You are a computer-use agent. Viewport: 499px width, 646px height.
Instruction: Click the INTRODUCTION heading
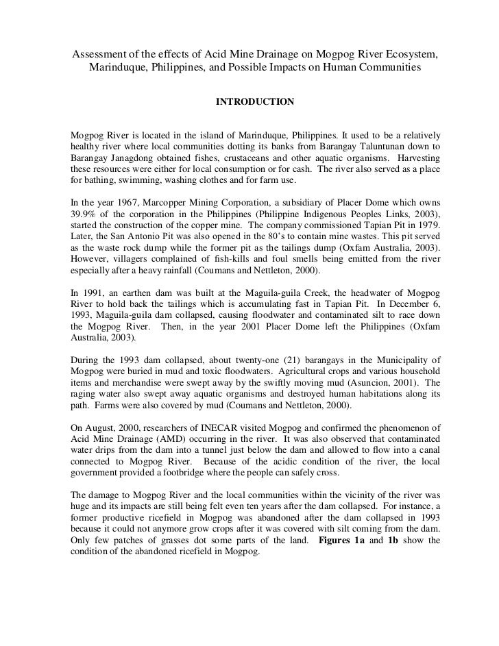tap(255, 102)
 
